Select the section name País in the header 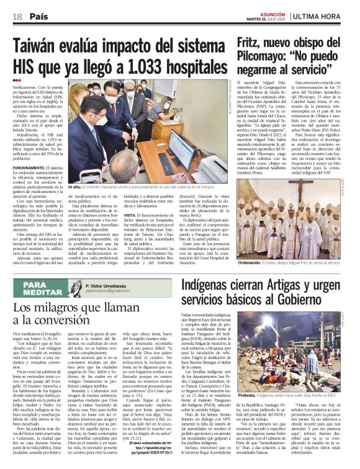38,17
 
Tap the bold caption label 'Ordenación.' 251,263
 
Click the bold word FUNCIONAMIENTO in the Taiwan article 28,169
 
